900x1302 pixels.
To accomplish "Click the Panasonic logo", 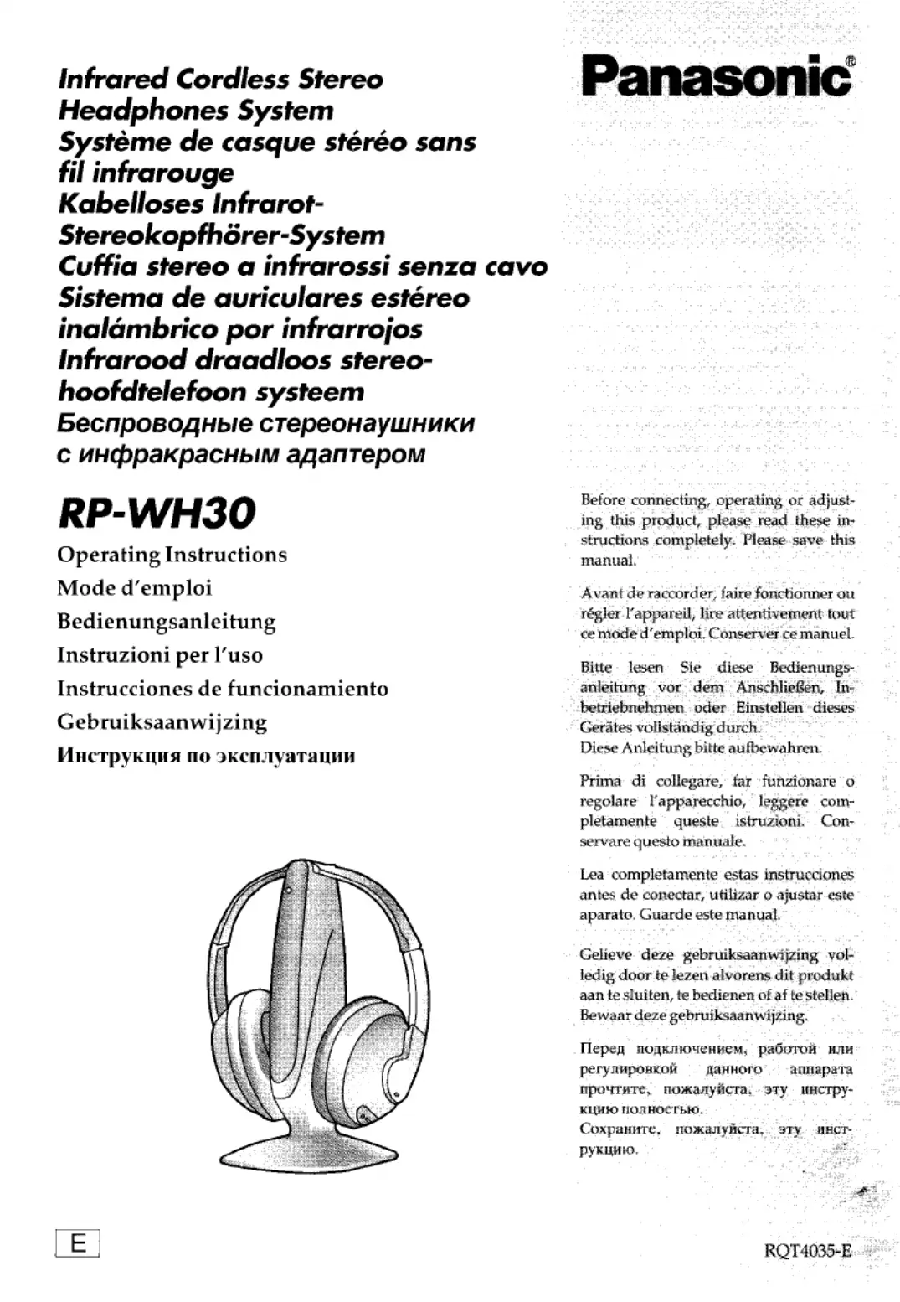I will coord(716,78).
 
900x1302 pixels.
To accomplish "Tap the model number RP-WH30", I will coord(157,513).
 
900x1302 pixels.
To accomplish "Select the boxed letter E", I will coord(77,1243).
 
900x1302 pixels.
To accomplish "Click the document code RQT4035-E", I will coord(807,1251).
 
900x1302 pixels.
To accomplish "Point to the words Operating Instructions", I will coord(172,555).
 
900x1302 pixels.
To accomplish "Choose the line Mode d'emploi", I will coord(134,588).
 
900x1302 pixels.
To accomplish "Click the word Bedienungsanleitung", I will coord(166,622).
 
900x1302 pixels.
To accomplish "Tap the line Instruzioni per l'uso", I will coord(159,655).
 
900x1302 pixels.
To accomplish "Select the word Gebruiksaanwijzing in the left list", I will coord(162,722).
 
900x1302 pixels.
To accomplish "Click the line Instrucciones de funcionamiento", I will coord(223,689).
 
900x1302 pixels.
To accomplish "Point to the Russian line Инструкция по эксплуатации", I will coord(206,756).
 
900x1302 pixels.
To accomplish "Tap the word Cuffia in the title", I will coord(97,266).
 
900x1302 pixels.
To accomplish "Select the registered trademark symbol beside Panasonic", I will coord(851,61).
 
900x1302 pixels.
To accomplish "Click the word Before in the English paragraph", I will coord(602,500).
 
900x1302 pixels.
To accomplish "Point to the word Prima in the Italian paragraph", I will coord(600,781).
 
